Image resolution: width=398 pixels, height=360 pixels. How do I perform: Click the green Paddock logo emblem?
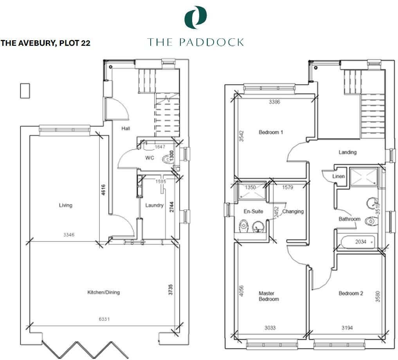pyautogui.click(x=195, y=18)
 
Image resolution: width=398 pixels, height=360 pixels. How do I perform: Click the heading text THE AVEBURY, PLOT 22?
pyautogui.click(x=46, y=43)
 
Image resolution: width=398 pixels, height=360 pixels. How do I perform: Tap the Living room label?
pyautogui.click(x=65, y=205)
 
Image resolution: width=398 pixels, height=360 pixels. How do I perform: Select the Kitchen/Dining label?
pyautogui.click(x=103, y=292)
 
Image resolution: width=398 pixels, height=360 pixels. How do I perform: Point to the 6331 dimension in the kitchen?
pyautogui.click(x=104, y=319)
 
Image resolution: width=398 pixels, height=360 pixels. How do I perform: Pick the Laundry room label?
pyautogui.click(x=154, y=205)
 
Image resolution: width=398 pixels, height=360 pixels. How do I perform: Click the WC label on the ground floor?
pyautogui.click(x=150, y=158)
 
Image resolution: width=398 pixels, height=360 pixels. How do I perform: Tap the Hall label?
pyautogui.click(x=125, y=128)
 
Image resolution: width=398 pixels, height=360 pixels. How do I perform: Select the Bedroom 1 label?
pyautogui.click(x=271, y=132)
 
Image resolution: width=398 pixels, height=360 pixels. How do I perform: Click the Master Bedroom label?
pyautogui.click(x=269, y=296)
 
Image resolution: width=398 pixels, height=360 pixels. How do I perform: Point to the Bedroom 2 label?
pyautogui.click(x=351, y=293)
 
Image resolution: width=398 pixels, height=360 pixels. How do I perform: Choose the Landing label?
pyautogui.click(x=348, y=152)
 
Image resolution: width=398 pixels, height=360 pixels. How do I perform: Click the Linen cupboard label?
pyautogui.click(x=339, y=176)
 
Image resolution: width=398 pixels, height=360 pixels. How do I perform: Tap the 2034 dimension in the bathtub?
pyautogui.click(x=360, y=242)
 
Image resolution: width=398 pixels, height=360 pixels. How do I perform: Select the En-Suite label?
pyautogui.click(x=253, y=211)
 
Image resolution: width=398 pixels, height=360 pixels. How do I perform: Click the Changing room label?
pyautogui.click(x=293, y=211)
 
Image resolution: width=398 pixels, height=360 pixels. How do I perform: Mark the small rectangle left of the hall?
pyautogui.click(x=25, y=91)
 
